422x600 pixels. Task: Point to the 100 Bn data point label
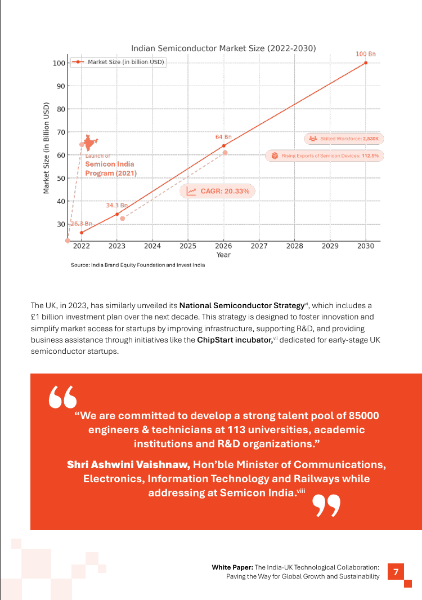click(365, 54)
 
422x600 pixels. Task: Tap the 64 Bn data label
click(223, 137)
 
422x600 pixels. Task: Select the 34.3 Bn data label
click(116, 206)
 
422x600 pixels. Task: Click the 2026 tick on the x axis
click(223, 246)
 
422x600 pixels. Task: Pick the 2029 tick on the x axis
click(330, 246)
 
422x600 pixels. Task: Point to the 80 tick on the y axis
click(61, 109)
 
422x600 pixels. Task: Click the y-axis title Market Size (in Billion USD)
click(46, 148)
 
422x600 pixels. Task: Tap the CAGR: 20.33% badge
click(217, 192)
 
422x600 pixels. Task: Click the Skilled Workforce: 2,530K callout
click(344, 139)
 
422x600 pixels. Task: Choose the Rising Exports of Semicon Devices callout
click(324, 155)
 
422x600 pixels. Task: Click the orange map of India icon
click(90, 143)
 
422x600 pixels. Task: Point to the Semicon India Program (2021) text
click(110, 168)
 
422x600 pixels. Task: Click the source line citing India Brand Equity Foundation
click(138, 265)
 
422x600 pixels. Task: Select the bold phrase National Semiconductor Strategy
click(241, 305)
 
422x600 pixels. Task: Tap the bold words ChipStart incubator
click(235, 340)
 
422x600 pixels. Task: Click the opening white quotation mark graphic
click(62, 397)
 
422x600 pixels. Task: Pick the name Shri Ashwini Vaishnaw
click(128, 465)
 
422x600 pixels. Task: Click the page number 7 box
click(396, 572)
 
